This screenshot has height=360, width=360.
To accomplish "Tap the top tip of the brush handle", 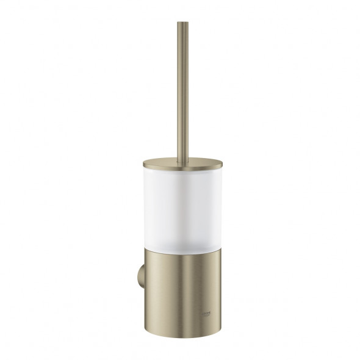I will [182, 24].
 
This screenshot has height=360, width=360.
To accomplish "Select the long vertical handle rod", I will [182, 92].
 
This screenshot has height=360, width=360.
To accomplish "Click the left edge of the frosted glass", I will [146, 204].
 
